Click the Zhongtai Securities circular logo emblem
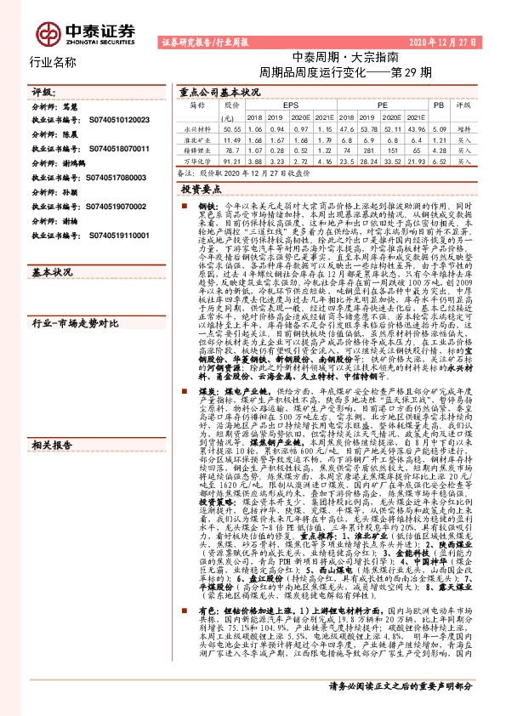click(x=48, y=35)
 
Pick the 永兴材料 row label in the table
click(x=197, y=127)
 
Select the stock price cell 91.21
click(x=230, y=160)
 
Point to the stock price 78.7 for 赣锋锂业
click(x=230, y=149)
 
